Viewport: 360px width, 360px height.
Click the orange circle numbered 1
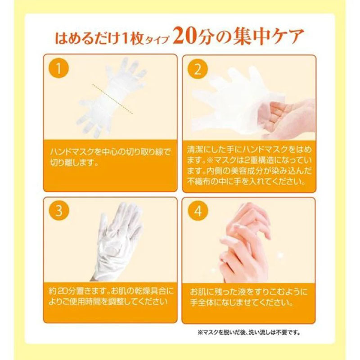(58, 68)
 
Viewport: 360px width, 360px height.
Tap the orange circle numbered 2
(198, 69)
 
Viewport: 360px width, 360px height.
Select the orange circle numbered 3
(59, 211)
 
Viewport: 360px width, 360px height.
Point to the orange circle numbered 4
(198, 211)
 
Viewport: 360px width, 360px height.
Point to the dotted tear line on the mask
(112, 99)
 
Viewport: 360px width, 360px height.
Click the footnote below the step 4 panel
(249, 332)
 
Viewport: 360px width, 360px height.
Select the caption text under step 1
(110, 157)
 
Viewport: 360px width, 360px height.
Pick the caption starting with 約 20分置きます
(111, 297)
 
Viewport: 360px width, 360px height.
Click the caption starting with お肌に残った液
(248, 297)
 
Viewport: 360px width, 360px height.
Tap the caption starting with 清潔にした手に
(249, 166)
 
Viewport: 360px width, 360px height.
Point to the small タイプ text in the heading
(157, 40)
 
